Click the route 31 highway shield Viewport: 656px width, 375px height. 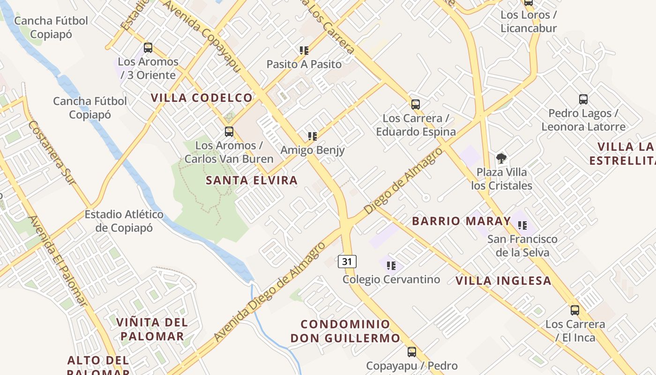tap(347, 261)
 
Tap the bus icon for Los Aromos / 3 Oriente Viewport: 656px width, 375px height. tap(148, 47)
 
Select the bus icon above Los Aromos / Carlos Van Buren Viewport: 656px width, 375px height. tap(229, 132)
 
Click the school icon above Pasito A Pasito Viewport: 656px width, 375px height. tap(304, 50)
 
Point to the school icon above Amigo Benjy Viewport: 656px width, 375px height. tap(313, 136)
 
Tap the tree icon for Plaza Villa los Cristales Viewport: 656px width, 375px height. tap(501, 158)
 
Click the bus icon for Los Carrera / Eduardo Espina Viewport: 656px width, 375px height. tap(415, 104)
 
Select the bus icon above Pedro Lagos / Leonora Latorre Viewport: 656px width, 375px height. tap(583, 99)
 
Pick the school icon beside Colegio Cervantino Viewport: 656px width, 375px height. tap(391, 266)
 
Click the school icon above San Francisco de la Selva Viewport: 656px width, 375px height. tap(523, 225)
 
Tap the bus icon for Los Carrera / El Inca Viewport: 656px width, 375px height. tap(575, 310)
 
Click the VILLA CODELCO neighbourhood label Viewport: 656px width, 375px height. tap(201, 98)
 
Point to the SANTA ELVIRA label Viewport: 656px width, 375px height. tap(252, 180)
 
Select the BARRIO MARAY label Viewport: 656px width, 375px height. tap(461, 221)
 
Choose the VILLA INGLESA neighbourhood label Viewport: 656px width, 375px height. tap(503, 281)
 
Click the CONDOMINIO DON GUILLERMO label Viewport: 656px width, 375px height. tap(345, 331)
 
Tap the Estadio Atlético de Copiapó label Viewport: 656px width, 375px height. tap(124, 221)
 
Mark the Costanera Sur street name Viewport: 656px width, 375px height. tap(52, 152)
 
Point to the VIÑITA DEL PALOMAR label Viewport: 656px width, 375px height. tap(152, 329)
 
